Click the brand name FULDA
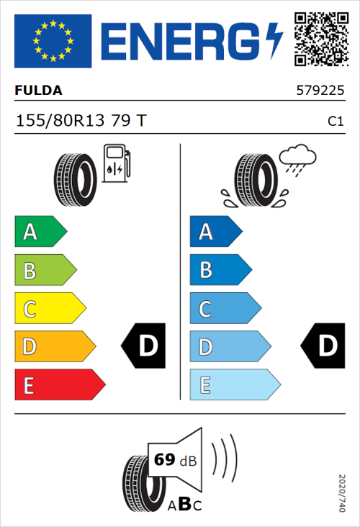pyautogui.click(x=39, y=91)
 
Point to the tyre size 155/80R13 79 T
pyautogui.click(x=81, y=121)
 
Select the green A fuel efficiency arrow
pyautogui.click(x=40, y=232)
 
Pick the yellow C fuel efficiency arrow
pyautogui.click(x=49, y=309)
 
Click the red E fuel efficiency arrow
pyautogui.click(x=58, y=385)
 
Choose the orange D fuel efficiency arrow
pyautogui.click(x=54, y=347)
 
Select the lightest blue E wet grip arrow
pyautogui.click(x=234, y=385)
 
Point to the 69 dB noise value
pyautogui.click(x=173, y=459)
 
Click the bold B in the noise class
pyautogui.click(x=184, y=505)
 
